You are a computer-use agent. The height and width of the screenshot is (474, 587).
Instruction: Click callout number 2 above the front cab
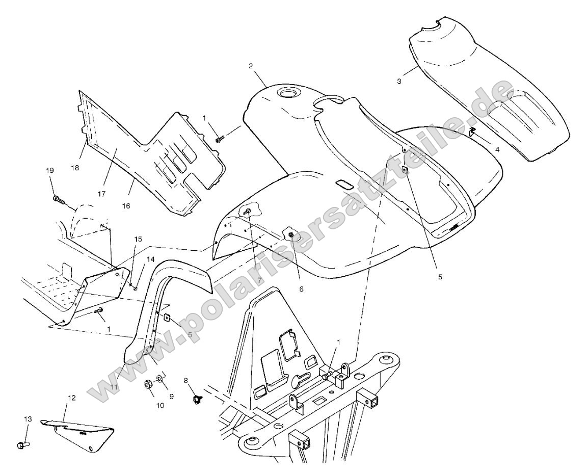pyautogui.click(x=250, y=66)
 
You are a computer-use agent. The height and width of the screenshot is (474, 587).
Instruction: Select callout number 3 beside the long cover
pyautogui.click(x=399, y=81)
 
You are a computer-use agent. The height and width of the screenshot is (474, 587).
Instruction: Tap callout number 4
pyautogui.click(x=497, y=150)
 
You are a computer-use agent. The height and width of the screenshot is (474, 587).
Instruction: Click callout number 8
pyautogui.click(x=185, y=380)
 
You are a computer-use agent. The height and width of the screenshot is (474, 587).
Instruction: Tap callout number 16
pyautogui.click(x=126, y=205)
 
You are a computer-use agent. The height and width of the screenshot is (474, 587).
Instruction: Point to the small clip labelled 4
pyautogui.click(x=472, y=133)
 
